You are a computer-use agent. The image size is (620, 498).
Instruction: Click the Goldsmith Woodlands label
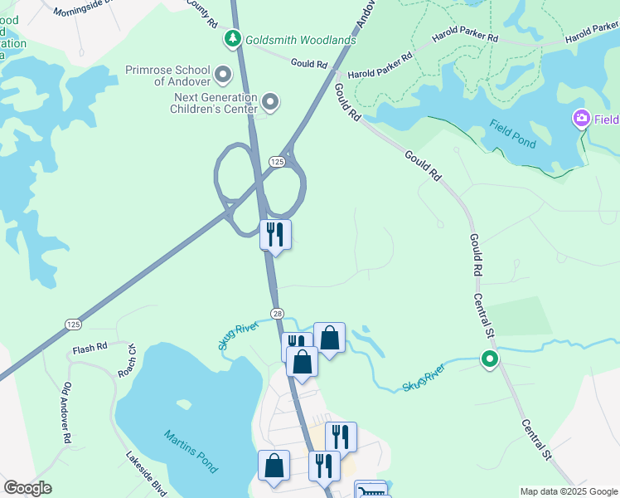click(300, 40)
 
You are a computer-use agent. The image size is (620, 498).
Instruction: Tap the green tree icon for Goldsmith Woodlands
click(233, 38)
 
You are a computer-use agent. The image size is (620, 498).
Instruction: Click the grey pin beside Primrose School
click(223, 76)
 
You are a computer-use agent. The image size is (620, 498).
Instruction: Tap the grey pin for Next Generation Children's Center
click(269, 102)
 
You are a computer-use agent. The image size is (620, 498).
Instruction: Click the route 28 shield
click(277, 311)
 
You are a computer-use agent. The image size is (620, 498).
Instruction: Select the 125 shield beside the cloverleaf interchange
click(277, 159)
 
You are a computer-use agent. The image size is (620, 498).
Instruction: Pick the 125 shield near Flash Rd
click(73, 325)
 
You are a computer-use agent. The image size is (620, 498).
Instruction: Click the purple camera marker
click(582, 120)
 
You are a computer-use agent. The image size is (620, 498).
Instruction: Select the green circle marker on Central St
click(490, 359)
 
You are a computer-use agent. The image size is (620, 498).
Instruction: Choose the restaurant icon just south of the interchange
click(275, 234)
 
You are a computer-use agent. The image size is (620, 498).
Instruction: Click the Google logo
click(27, 488)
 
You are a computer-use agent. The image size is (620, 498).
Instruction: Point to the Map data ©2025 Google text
click(568, 491)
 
